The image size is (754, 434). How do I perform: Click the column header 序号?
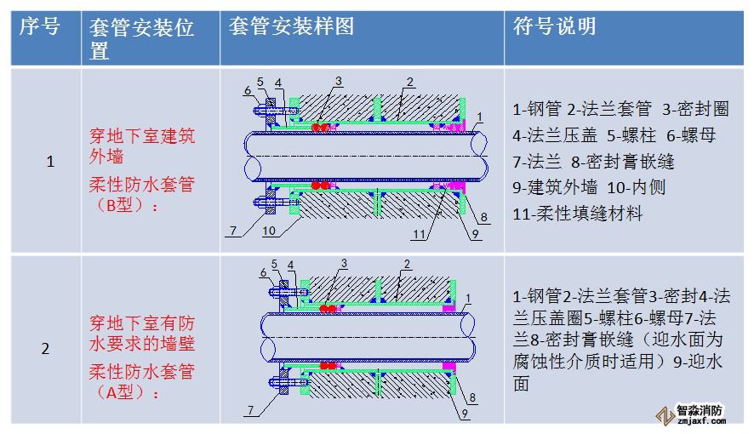39,27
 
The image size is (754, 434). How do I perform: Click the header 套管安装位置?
141,39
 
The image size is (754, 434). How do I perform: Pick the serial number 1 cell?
48,162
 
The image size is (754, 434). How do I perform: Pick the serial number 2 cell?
46,348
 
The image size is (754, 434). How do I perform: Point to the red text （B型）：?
125,204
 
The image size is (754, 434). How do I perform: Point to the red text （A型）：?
125,391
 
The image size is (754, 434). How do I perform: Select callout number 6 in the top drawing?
247,90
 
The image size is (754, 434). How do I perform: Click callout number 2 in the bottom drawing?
407,265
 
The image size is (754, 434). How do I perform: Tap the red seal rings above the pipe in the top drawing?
320,128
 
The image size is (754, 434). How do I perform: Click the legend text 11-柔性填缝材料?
578,214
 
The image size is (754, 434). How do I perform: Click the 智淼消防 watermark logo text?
700,408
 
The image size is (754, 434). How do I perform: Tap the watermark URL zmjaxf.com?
700,420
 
